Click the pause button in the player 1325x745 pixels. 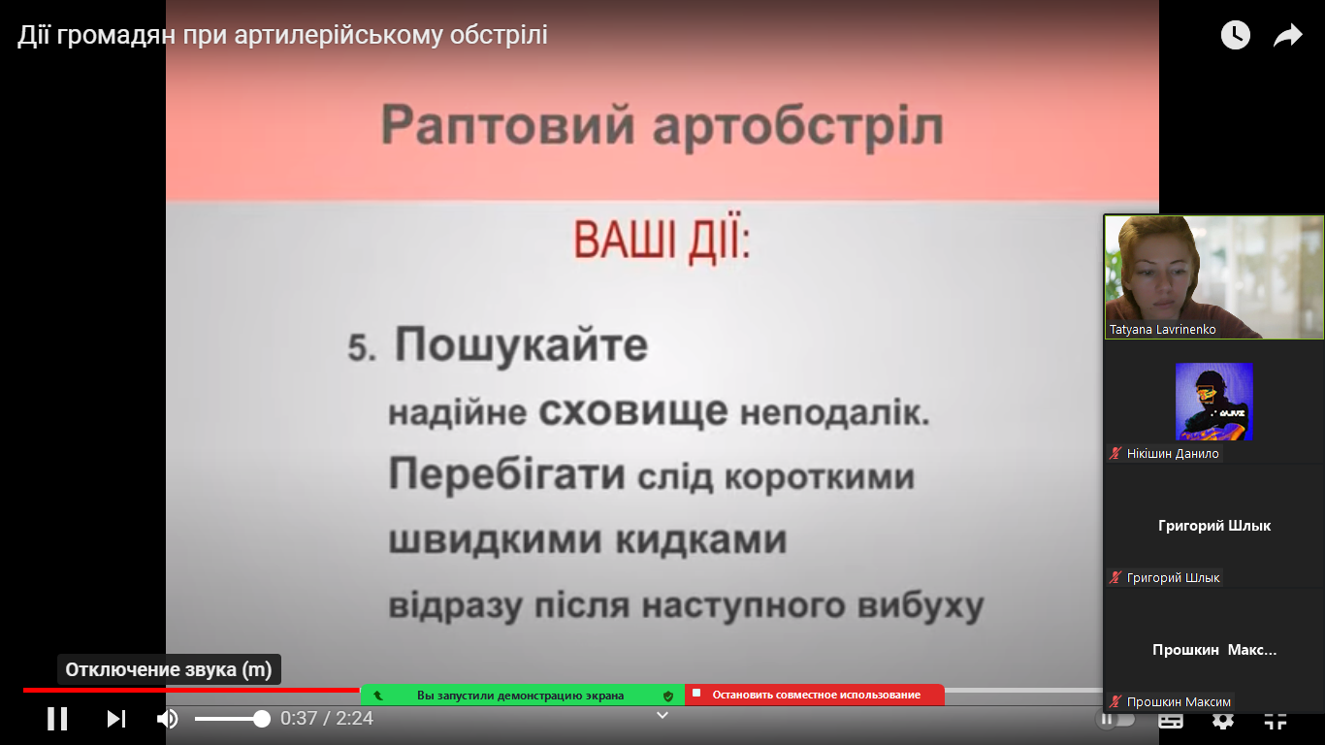pos(57,719)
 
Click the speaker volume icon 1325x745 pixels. pos(168,719)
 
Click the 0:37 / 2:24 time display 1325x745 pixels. pos(327,719)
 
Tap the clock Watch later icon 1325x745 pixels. pos(1236,35)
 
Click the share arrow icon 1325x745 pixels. pos(1288,36)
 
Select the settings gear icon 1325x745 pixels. pos(1223,720)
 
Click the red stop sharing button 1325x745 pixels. pos(815,695)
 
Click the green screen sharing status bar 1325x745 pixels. pos(522,696)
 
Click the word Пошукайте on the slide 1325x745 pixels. pos(521,345)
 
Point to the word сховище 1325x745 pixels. pos(633,411)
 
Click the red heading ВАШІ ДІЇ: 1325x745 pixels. pos(662,241)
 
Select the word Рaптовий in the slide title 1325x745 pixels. pos(507,125)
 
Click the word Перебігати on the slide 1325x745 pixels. pos(507,474)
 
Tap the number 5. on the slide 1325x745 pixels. pos(362,347)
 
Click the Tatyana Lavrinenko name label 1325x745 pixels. pos(1162,330)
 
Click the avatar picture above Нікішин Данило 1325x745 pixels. pos(1213,402)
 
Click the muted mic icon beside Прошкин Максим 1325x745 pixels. pos(1115,701)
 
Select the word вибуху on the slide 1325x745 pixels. pos(921,606)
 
